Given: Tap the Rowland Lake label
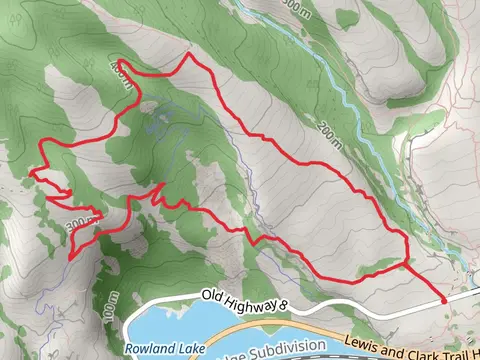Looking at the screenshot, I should pos(157,349).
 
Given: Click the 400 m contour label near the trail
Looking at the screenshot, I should pos(120,70).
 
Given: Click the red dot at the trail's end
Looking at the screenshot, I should pos(444,299).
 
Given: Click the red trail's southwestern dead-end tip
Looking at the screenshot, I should pos(70,256).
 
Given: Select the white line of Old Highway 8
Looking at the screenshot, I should pos(330,308).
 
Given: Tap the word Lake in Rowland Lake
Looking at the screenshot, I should pos(176,349).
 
